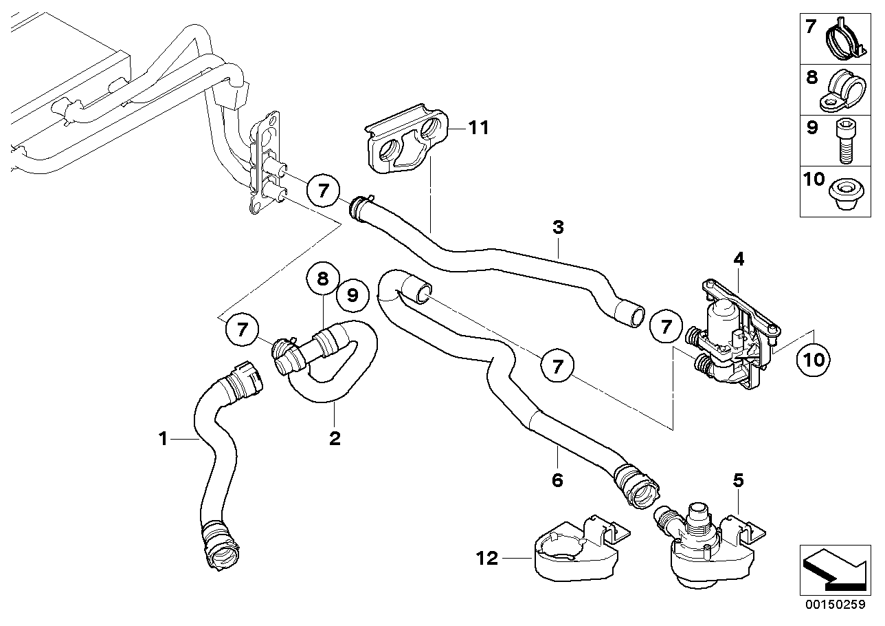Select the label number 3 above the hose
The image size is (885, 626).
pyautogui.click(x=558, y=227)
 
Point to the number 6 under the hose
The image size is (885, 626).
pyautogui.click(x=557, y=479)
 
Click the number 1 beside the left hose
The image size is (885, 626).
pyautogui.click(x=164, y=438)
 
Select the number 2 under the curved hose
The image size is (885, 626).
pyautogui.click(x=335, y=438)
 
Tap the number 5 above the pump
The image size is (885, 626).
pyautogui.click(x=738, y=481)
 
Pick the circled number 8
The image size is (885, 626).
pyautogui.click(x=323, y=279)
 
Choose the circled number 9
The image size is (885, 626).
pyautogui.click(x=352, y=295)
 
